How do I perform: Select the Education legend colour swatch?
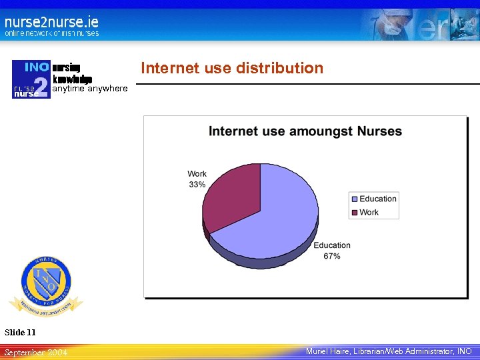(354, 199)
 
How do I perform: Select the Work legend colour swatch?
(354, 213)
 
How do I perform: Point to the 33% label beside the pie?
(197, 185)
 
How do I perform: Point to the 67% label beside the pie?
(332, 256)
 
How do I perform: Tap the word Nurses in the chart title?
(379, 131)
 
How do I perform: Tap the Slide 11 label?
(21, 332)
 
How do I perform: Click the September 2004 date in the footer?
(36, 351)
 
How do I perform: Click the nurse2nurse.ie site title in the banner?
(51, 21)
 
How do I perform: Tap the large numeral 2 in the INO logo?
(41, 87)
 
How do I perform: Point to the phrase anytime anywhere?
(90, 88)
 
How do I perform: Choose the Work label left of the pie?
(197, 174)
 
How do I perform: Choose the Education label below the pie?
(332, 245)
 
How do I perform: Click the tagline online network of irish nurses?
(51, 33)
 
